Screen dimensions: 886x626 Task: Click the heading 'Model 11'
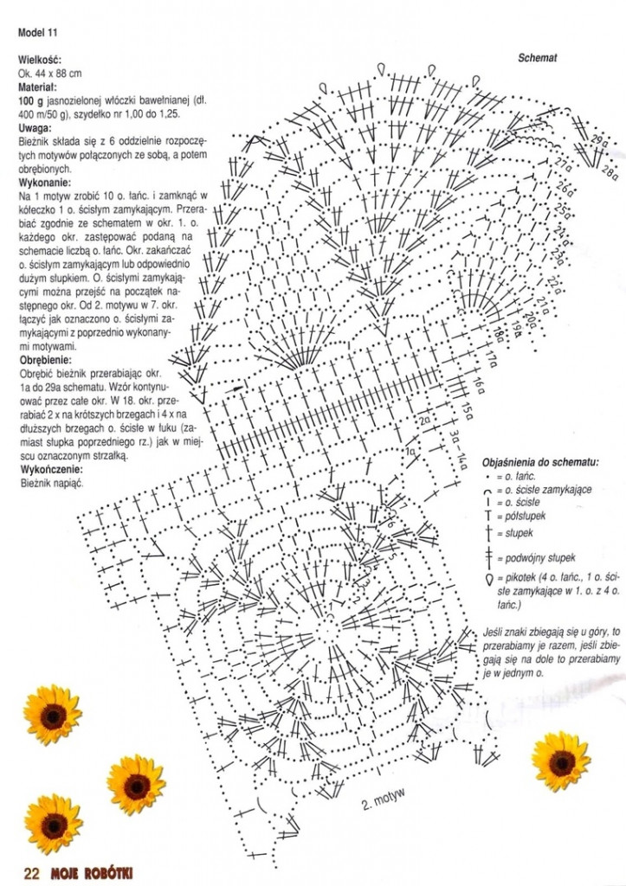pyautogui.click(x=37, y=34)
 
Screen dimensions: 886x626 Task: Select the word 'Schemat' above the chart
pyautogui.click(x=537, y=59)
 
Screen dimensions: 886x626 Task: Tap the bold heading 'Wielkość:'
pyautogui.click(x=38, y=61)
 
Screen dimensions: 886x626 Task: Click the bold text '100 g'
pyautogui.click(x=29, y=101)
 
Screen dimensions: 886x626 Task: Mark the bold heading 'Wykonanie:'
pyautogui.click(x=44, y=183)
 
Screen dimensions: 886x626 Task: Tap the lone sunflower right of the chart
pyautogui.click(x=560, y=761)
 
